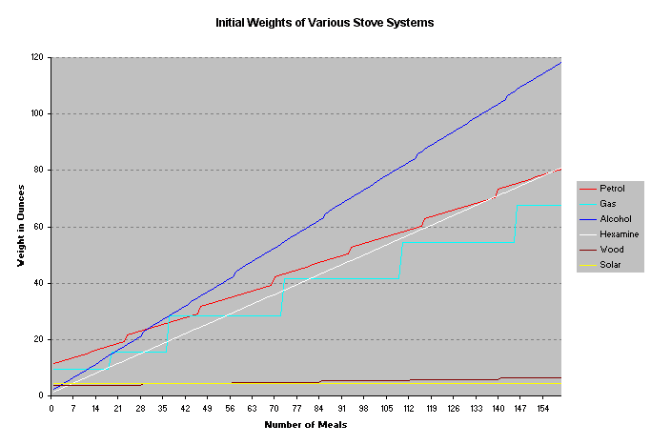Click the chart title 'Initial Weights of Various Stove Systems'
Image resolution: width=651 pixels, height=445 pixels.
click(x=325, y=22)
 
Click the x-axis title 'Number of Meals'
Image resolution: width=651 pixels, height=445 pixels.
click(x=305, y=424)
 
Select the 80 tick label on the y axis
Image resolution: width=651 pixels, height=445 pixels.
click(x=41, y=171)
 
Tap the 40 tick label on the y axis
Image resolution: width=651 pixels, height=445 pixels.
click(x=41, y=283)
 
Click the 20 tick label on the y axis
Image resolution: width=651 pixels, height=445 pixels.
click(x=41, y=339)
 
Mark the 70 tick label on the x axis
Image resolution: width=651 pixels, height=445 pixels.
click(x=274, y=407)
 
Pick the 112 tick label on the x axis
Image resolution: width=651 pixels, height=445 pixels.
click(x=407, y=407)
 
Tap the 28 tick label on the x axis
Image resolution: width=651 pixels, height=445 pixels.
click(x=140, y=407)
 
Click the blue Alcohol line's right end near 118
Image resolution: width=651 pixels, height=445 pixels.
click(x=559, y=63)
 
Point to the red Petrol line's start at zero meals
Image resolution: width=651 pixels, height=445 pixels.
click(x=53, y=363)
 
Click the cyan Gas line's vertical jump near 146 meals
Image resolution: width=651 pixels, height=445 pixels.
click(x=516, y=224)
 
